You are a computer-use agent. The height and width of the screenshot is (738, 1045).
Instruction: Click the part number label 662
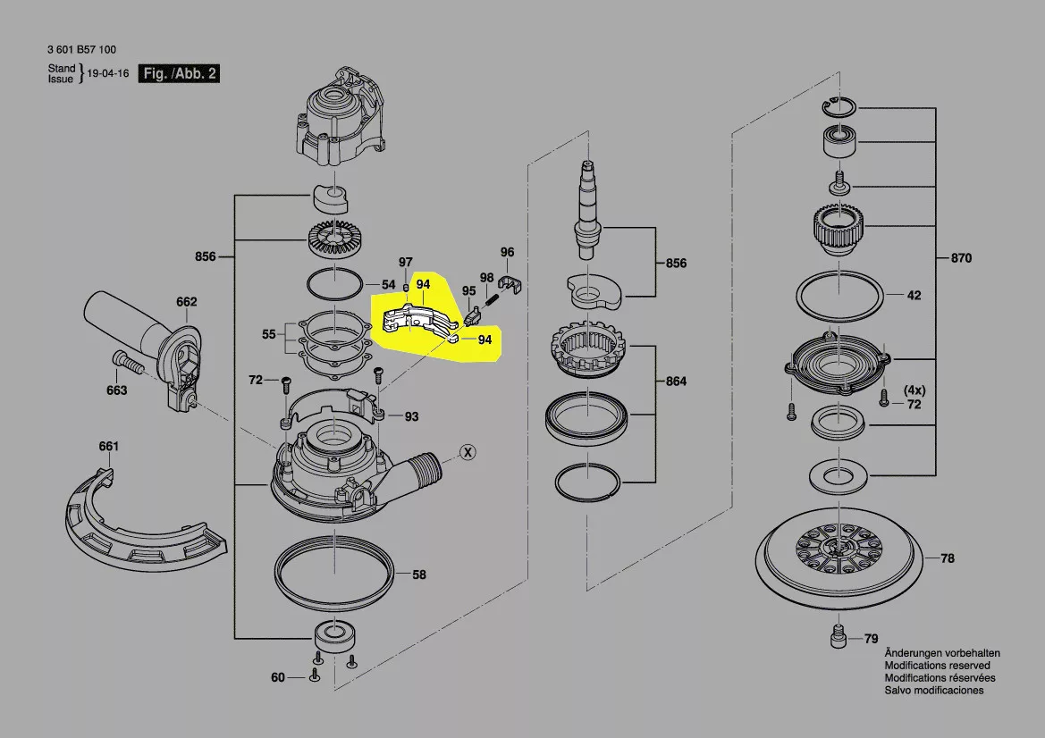(186, 302)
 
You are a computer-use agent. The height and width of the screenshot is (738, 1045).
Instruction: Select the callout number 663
(116, 390)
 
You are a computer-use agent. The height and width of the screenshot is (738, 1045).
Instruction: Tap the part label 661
(108, 446)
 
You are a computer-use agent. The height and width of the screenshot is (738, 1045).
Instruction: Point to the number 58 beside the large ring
(418, 574)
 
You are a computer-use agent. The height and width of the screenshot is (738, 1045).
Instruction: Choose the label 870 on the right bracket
(960, 259)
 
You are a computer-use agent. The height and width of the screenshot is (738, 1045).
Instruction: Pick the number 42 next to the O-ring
(914, 295)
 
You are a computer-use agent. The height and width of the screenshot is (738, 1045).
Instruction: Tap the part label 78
(947, 558)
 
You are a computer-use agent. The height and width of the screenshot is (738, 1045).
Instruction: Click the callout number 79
(871, 639)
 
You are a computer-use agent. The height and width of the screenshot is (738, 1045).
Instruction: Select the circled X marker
(467, 452)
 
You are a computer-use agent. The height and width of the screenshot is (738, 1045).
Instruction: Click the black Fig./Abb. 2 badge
(179, 74)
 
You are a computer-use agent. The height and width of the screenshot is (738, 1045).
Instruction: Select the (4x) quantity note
(914, 390)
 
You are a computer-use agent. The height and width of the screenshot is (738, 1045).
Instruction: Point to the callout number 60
(278, 677)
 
